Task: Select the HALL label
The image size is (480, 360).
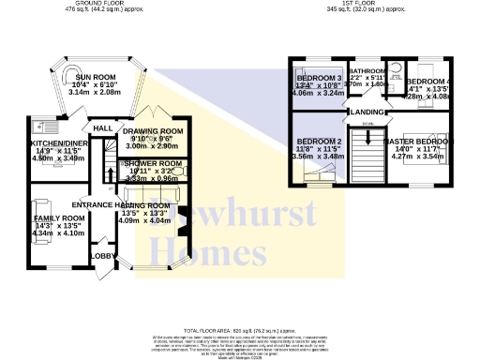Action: tap(103, 127)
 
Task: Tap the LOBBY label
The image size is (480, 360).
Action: tap(100, 255)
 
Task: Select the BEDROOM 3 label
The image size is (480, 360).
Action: tap(319, 77)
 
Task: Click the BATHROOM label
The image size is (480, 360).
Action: tap(367, 71)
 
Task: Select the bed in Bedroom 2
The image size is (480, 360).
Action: tap(319, 186)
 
